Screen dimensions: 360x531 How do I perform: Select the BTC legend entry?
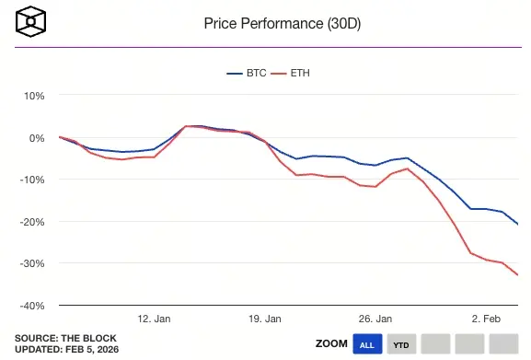248,73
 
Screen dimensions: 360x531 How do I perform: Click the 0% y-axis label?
37,138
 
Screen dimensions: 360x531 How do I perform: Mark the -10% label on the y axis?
32,180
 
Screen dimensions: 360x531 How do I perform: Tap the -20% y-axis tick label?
32,222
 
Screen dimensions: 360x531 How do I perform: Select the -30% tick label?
32,263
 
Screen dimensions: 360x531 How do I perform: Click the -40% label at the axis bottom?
32,306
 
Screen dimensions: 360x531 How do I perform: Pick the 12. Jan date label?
154,319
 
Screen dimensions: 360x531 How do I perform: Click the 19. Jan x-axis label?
265,319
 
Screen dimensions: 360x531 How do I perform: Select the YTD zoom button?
401,344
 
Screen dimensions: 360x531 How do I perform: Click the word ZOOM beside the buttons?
331,343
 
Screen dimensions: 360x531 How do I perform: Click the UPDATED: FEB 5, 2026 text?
66,349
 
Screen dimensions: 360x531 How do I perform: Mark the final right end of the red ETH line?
518,274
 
